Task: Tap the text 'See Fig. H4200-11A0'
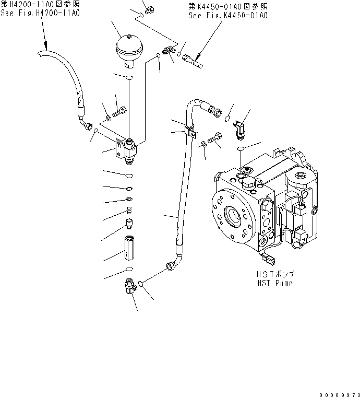point(40,13)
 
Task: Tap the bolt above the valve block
point(121,111)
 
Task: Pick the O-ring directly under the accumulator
point(128,78)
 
